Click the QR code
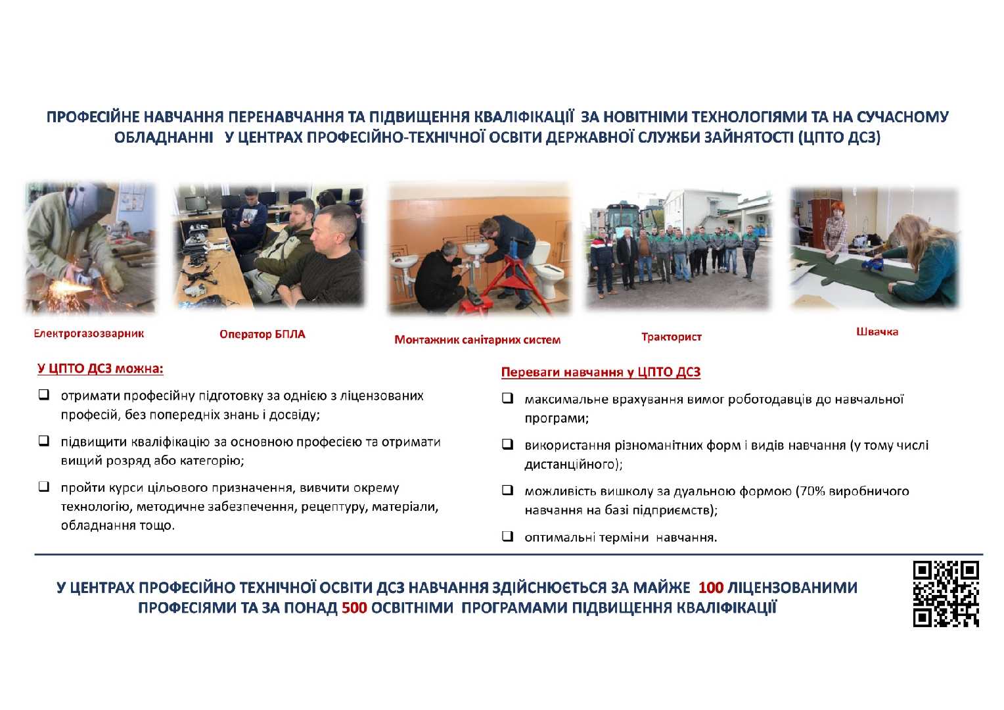(x=946, y=594)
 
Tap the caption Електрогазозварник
(x=89, y=333)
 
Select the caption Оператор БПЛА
(x=262, y=334)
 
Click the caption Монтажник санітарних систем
(x=477, y=340)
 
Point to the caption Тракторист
(x=671, y=337)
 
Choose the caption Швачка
(x=877, y=331)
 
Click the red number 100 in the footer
(x=710, y=587)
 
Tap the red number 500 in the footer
(x=354, y=607)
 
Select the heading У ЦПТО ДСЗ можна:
(x=100, y=368)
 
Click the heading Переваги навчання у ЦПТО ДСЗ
(x=601, y=372)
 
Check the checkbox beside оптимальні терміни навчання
(x=507, y=536)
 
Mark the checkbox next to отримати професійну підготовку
(x=43, y=395)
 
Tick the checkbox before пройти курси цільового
(x=43, y=487)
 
